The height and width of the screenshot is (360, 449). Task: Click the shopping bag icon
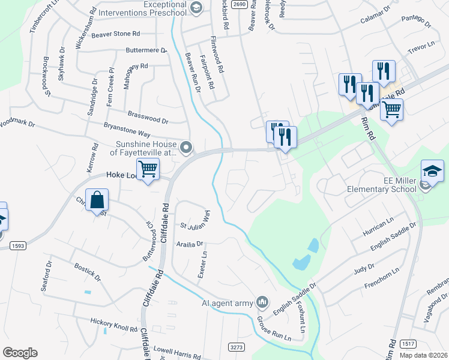point(97,200)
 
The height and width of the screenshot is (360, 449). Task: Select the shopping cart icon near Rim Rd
point(391,110)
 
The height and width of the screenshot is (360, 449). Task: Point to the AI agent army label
point(228,303)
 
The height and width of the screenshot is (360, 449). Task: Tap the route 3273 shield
point(237,347)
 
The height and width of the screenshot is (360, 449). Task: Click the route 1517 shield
point(408,343)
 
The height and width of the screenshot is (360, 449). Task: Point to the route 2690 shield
point(239,4)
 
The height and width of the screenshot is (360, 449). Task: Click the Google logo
point(20,353)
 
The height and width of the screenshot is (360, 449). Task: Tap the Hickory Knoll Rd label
point(114,325)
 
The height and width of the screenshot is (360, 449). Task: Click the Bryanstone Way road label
point(127,130)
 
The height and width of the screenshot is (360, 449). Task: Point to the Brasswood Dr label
point(148,116)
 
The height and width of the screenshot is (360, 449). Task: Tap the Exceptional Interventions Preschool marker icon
point(196,7)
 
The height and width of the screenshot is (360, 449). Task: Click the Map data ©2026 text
point(423,355)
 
